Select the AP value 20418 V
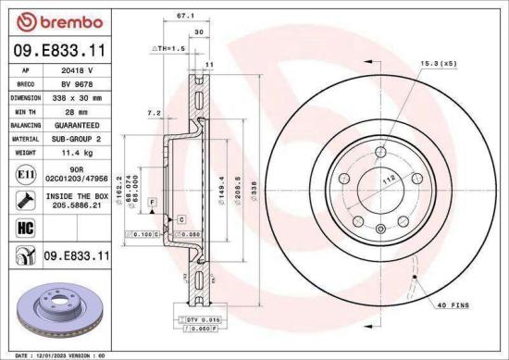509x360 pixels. click(85, 69)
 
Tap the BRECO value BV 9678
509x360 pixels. click(85, 82)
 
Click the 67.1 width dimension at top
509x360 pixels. click(184, 16)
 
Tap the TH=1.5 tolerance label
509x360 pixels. click(169, 46)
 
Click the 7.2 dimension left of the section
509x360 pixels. click(155, 113)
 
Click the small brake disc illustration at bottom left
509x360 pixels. click(53, 311)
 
